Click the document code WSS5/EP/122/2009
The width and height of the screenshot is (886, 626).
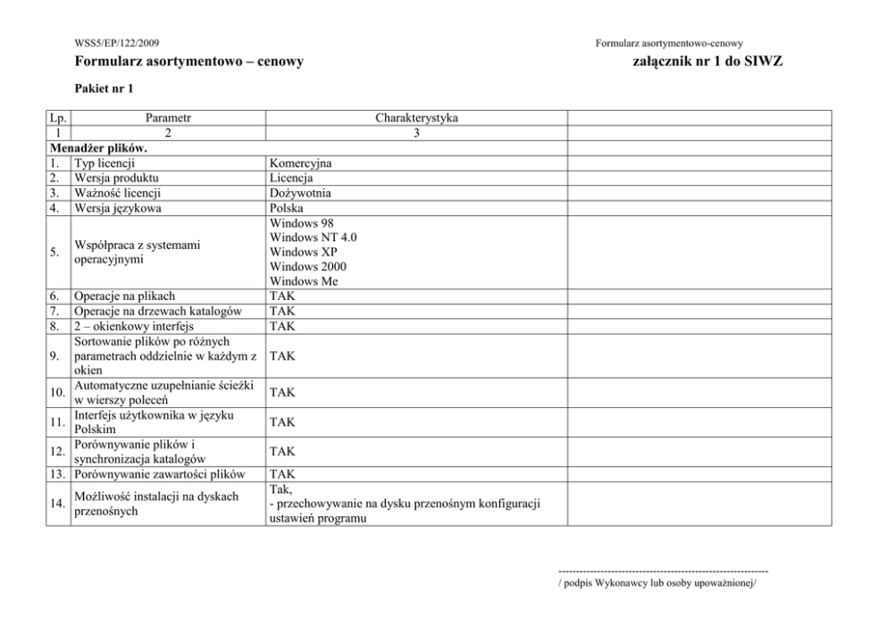coord(119,43)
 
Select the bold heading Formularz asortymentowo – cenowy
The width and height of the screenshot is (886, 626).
coord(189,62)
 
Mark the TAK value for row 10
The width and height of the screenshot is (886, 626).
coord(282,391)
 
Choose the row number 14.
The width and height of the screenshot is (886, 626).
coord(59,504)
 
